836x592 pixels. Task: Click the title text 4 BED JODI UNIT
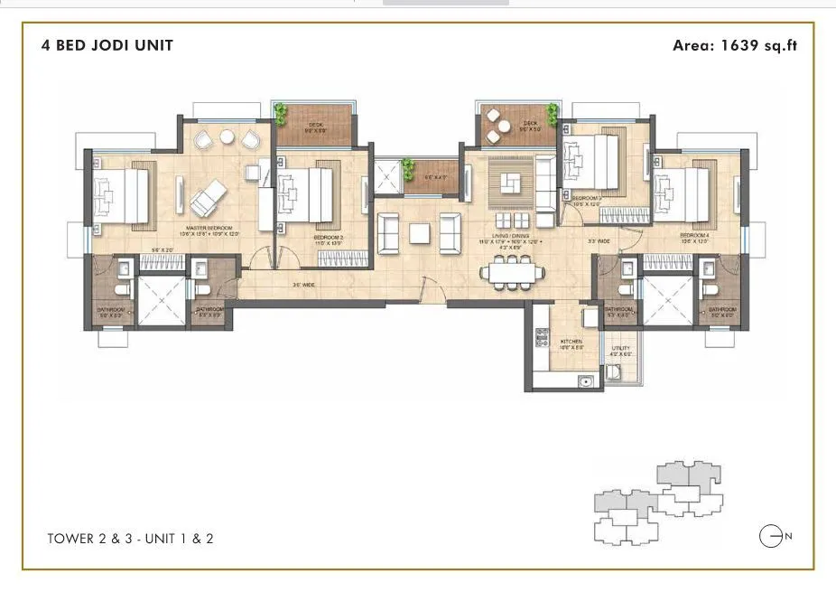[107, 45]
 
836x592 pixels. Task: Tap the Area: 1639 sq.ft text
[735, 45]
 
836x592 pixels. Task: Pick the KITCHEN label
[571, 343]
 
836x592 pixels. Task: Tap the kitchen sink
[587, 381]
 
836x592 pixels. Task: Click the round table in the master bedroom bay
[228, 138]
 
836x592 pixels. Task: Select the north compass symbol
[770, 537]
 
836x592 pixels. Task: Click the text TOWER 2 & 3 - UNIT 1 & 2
[130, 539]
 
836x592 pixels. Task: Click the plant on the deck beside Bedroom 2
[282, 113]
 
